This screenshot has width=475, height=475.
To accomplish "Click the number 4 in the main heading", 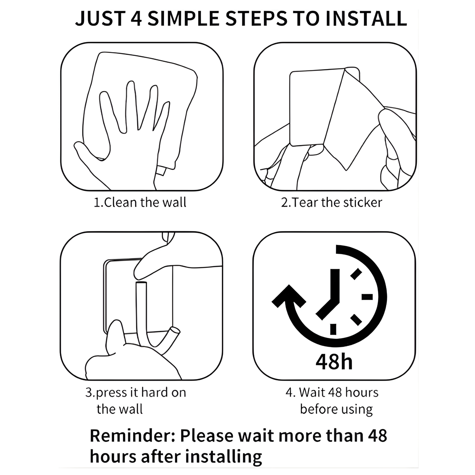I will pyautogui.click(x=136, y=19).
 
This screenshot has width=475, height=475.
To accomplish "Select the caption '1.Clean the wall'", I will pyautogui.click(x=140, y=202).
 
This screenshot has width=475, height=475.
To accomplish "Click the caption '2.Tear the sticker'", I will pyautogui.click(x=331, y=202).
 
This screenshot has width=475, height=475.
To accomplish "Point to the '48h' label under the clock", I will pyautogui.click(x=334, y=361).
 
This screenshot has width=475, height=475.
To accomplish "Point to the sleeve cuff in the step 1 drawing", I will pyautogui.click(x=161, y=170).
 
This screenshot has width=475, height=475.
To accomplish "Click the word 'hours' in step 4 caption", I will pyautogui.click(x=362, y=392).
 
